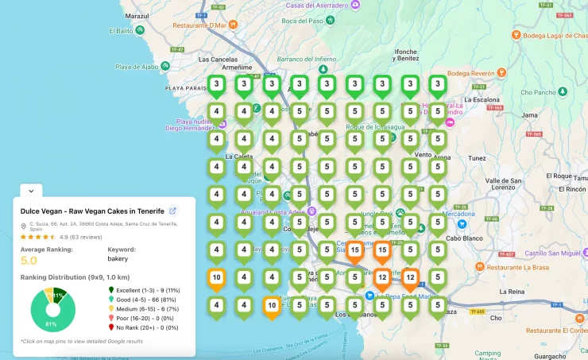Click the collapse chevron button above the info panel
pos(30,191)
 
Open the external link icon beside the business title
pos(173,211)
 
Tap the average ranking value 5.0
pos(29,260)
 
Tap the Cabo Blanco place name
pos(464,237)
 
